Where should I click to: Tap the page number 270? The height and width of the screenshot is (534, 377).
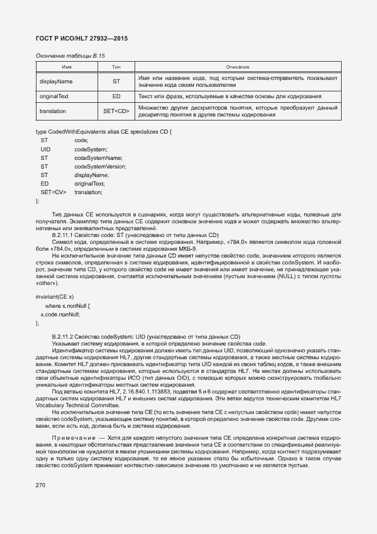click(x=40, y=485)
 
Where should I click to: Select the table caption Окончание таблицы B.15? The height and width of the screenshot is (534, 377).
click(x=70, y=55)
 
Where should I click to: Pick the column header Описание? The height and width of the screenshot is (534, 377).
click(x=237, y=67)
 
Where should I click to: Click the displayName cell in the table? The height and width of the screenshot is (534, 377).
click(x=56, y=81)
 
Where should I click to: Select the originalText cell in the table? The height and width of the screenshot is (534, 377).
click(x=54, y=97)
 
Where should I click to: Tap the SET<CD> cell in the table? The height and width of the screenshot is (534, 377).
click(x=116, y=111)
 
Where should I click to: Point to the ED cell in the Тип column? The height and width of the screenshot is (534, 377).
click(x=116, y=97)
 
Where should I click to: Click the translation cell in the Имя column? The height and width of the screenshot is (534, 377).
click(x=52, y=111)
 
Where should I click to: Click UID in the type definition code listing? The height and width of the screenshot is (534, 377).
click(x=46, y=149)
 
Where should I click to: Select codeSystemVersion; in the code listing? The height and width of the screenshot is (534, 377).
click(x=100, y=166)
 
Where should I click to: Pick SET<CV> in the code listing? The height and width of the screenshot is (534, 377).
click(x=53, y=192)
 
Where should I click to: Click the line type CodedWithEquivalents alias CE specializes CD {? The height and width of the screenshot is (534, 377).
click(x=103, y=132)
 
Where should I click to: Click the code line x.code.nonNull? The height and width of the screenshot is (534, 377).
click(x=60, y=314)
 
